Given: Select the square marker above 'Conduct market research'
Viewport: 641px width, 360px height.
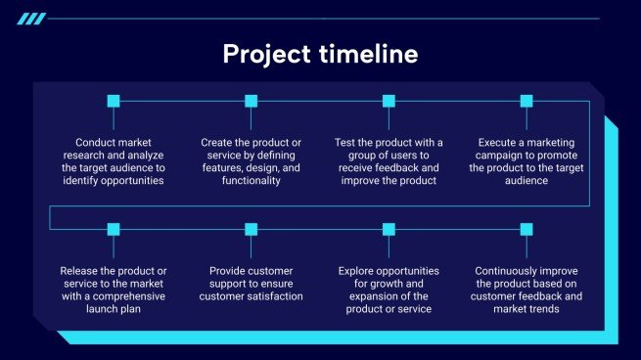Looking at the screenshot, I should [x=113, y=101].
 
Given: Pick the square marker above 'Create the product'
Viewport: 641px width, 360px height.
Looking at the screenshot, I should [x=251, y=101].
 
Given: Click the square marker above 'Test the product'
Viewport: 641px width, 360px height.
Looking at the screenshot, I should [x=389, y=101].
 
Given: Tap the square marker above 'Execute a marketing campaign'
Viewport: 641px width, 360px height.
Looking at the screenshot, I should [x=527, y=101].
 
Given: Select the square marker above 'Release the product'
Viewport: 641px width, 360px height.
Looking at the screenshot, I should [x=113, y=229].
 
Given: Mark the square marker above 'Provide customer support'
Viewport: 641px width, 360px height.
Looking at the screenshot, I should [x=251, y=229].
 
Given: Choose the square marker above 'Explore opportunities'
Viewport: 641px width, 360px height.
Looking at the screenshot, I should [x=389, y=229].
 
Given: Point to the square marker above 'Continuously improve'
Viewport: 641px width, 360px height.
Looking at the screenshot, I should [x=527, y=229].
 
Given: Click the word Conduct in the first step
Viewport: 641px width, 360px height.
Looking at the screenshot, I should [x=97, y=142].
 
